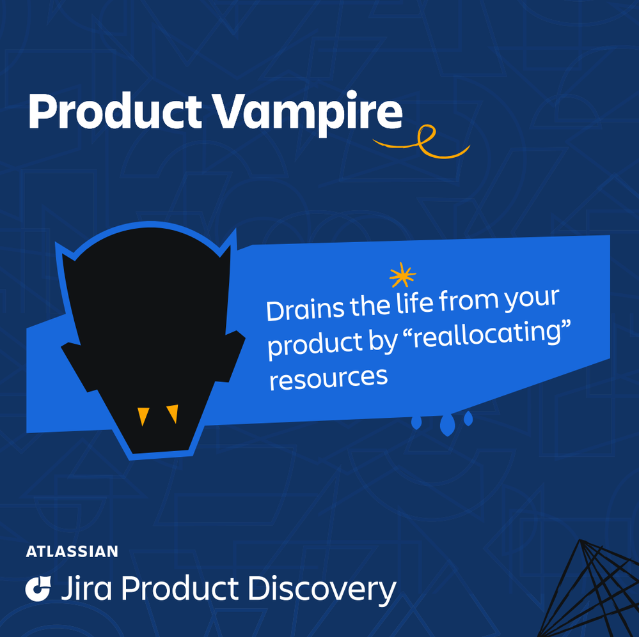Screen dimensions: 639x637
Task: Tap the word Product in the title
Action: pos(115,111)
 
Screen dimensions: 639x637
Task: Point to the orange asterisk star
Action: pos(402,275)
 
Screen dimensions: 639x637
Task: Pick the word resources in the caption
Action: pos(328,378)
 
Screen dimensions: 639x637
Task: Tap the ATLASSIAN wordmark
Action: pos(72,551)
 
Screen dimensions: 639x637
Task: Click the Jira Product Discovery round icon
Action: pos(38,588)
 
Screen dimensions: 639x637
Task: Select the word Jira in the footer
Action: pos(86,588)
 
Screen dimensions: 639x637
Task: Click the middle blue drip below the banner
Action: pos(446,425)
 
